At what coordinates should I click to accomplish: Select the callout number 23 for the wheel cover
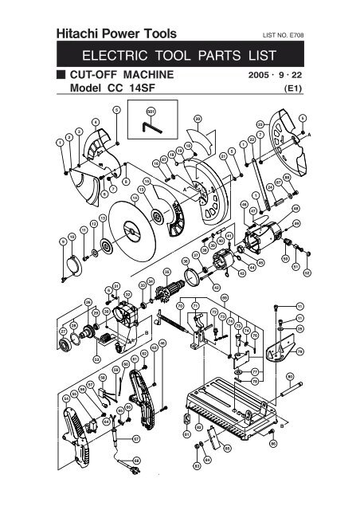[x=260, y=124]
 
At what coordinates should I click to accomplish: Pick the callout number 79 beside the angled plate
[x=300, y=351]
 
